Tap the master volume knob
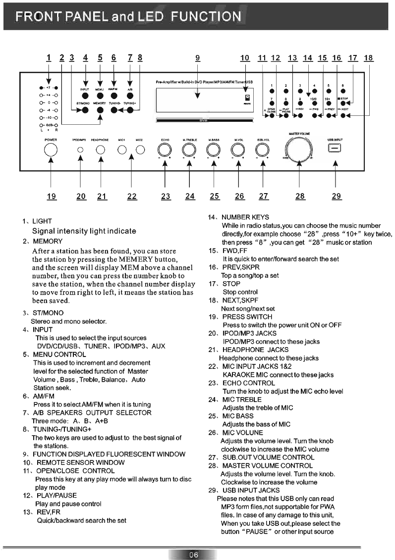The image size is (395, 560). point(300,149)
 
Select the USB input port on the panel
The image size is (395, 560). point(336,149)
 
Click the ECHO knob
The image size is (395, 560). point(165,149)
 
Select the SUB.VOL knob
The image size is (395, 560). point(263,149)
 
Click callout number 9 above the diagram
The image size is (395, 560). point(197,58)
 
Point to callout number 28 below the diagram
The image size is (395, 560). point(300,197)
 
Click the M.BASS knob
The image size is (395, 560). point(214,149)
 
